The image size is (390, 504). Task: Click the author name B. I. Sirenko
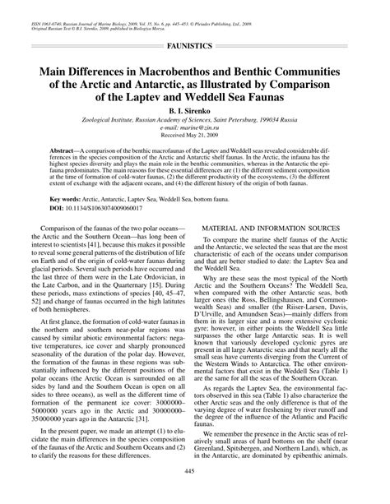coord(195,110)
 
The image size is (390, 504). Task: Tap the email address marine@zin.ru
coord(195,130)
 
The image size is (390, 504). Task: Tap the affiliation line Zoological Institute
coord(195,121)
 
